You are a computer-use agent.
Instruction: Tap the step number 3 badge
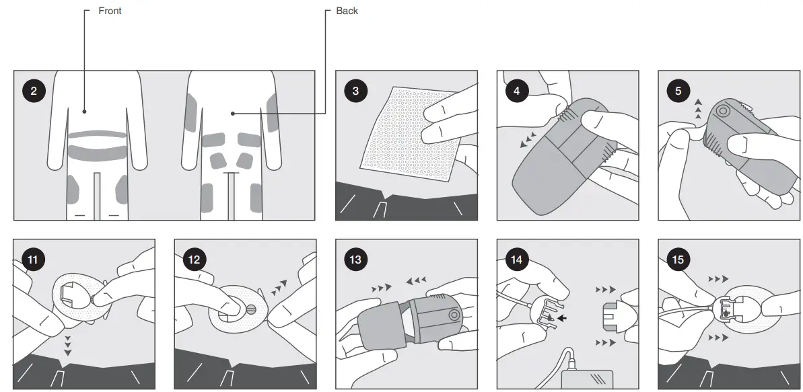(x=355, y=91)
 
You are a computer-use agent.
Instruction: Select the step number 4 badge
(x=516, y=91)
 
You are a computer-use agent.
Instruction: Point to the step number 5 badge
(x=677, y=91)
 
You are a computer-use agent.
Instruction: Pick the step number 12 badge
(x=193, y=259)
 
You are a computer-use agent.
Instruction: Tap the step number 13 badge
(x=355, y=259)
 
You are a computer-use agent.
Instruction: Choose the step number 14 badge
(x=516, y=259)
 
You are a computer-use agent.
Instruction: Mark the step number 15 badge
(x=677, y=259)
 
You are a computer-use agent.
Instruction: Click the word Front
(x=110, y=11)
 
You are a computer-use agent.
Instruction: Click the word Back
(x=347, y=11)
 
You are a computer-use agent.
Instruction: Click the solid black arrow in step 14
(x=561, y=318)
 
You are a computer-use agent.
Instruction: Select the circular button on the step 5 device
(x=724, y=111)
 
